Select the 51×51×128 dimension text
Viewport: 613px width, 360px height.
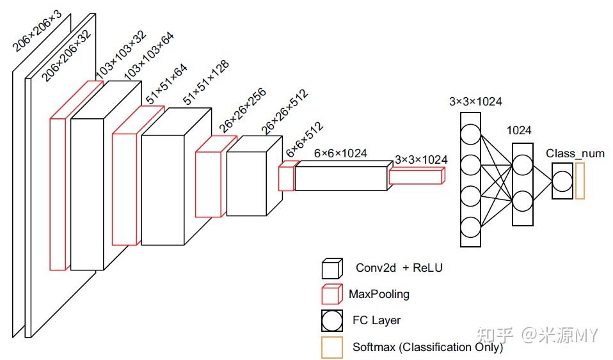(206, 82)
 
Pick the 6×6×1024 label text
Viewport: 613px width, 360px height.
(340, 153)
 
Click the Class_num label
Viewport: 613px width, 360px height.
(575, 153)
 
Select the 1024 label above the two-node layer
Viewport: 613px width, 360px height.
(519, 130)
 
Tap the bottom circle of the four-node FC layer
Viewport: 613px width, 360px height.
(470, 227)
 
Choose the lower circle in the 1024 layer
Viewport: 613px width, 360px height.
(522, 201)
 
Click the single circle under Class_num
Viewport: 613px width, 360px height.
(562, 181)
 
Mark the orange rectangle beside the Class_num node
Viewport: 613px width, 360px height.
(580, 181)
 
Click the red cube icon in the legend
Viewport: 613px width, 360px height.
(331, 294)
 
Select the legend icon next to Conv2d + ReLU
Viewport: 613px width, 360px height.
(331, 268)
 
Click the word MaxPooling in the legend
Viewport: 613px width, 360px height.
(379, 294)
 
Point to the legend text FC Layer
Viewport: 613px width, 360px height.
(376, 320)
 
